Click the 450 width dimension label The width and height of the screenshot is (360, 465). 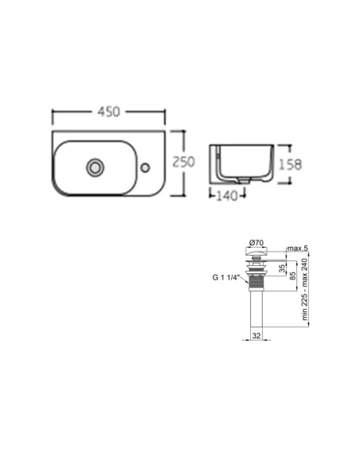[x=108, y=111]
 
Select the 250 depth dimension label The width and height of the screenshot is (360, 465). [x=184, y=161]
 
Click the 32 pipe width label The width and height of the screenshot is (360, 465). [x=256, y=336]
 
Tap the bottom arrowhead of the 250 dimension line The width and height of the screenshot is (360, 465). [x=184, y=193]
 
